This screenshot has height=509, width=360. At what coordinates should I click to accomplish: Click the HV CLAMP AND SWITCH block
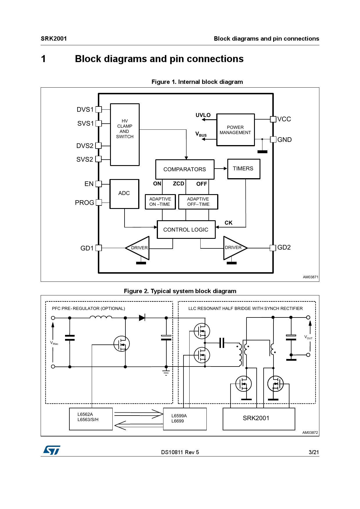click(x=125, y=135)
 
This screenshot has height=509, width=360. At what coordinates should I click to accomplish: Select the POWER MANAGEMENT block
click(x=235, y=130)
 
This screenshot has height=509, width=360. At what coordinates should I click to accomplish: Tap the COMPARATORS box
click(x=185, y=169)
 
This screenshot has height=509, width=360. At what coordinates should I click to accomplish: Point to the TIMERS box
click(x=244, y=169)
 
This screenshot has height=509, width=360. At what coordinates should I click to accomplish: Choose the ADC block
click(x=124, y=194)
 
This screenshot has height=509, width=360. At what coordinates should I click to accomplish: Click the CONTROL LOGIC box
click(x=186, y=230)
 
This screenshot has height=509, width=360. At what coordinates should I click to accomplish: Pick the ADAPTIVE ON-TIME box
click(x=160, y=202)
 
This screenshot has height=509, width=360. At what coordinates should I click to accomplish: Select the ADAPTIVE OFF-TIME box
click(x=198, y=202)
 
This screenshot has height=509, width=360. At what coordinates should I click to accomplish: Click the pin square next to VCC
click(x=273, y=119)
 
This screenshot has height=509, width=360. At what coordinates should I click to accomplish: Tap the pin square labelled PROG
click(x=99, y=203)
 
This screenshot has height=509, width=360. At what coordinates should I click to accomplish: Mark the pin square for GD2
click(x=273, y=248)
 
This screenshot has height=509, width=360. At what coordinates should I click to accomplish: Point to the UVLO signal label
click(x=203, y=115)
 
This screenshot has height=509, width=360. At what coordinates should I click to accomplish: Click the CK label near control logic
click(x=228, y=223)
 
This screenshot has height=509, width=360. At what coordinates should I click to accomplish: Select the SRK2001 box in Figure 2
click(x=259, y=419)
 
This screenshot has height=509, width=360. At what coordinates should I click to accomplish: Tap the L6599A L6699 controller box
click(x=185, y=419)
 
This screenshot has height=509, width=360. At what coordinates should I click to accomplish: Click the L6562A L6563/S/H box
click(x=91, y=419)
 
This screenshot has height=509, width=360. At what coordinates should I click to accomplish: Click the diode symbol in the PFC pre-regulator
click(x=142, y=318)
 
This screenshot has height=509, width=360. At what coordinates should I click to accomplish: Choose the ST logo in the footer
click(x=52, y=450)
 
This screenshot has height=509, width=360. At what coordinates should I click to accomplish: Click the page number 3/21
click(x=314, y=452)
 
